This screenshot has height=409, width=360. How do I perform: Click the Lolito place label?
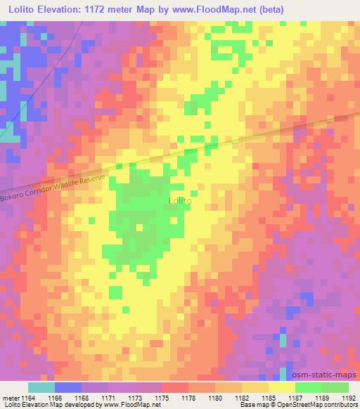[181, 201]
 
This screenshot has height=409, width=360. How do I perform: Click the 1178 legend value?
[190, 397]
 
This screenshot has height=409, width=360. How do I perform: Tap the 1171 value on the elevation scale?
[110, 397]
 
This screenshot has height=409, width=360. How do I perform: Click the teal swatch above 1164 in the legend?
[41, 387]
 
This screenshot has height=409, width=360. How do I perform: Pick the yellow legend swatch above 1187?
[282, 387]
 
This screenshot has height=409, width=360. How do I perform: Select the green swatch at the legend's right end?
[335, 387]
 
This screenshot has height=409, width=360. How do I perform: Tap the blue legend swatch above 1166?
[68, 387]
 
